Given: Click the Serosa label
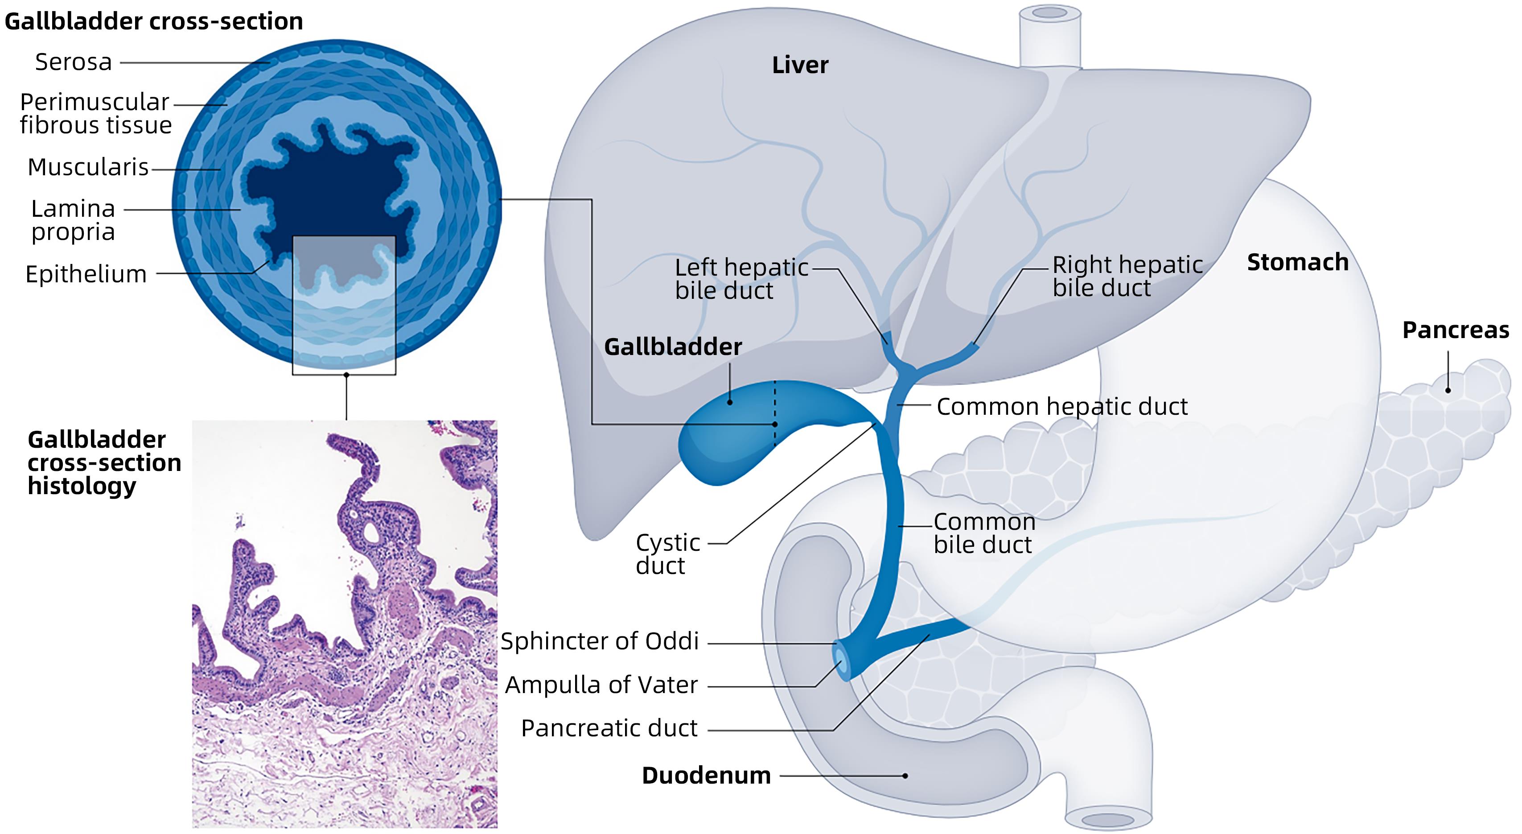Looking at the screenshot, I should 73,62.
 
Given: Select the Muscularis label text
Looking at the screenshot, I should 88,167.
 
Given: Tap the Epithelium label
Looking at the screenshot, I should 86,274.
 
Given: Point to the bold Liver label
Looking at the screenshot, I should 800,65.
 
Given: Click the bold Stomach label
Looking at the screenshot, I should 1297,262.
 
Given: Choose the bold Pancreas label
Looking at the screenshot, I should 1455,330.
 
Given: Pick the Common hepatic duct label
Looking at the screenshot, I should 1062,407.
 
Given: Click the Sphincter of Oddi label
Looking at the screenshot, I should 600,641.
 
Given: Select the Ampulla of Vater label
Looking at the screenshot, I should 601,685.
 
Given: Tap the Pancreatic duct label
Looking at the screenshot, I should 609,728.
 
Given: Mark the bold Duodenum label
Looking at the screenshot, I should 706,776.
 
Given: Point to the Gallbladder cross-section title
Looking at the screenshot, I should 154,21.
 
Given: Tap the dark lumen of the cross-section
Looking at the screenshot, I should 331,189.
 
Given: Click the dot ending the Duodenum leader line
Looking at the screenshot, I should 905,776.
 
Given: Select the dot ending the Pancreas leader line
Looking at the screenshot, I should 1448,390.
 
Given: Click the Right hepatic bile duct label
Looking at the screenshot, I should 1127,276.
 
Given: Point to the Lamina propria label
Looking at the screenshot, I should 73,220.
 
